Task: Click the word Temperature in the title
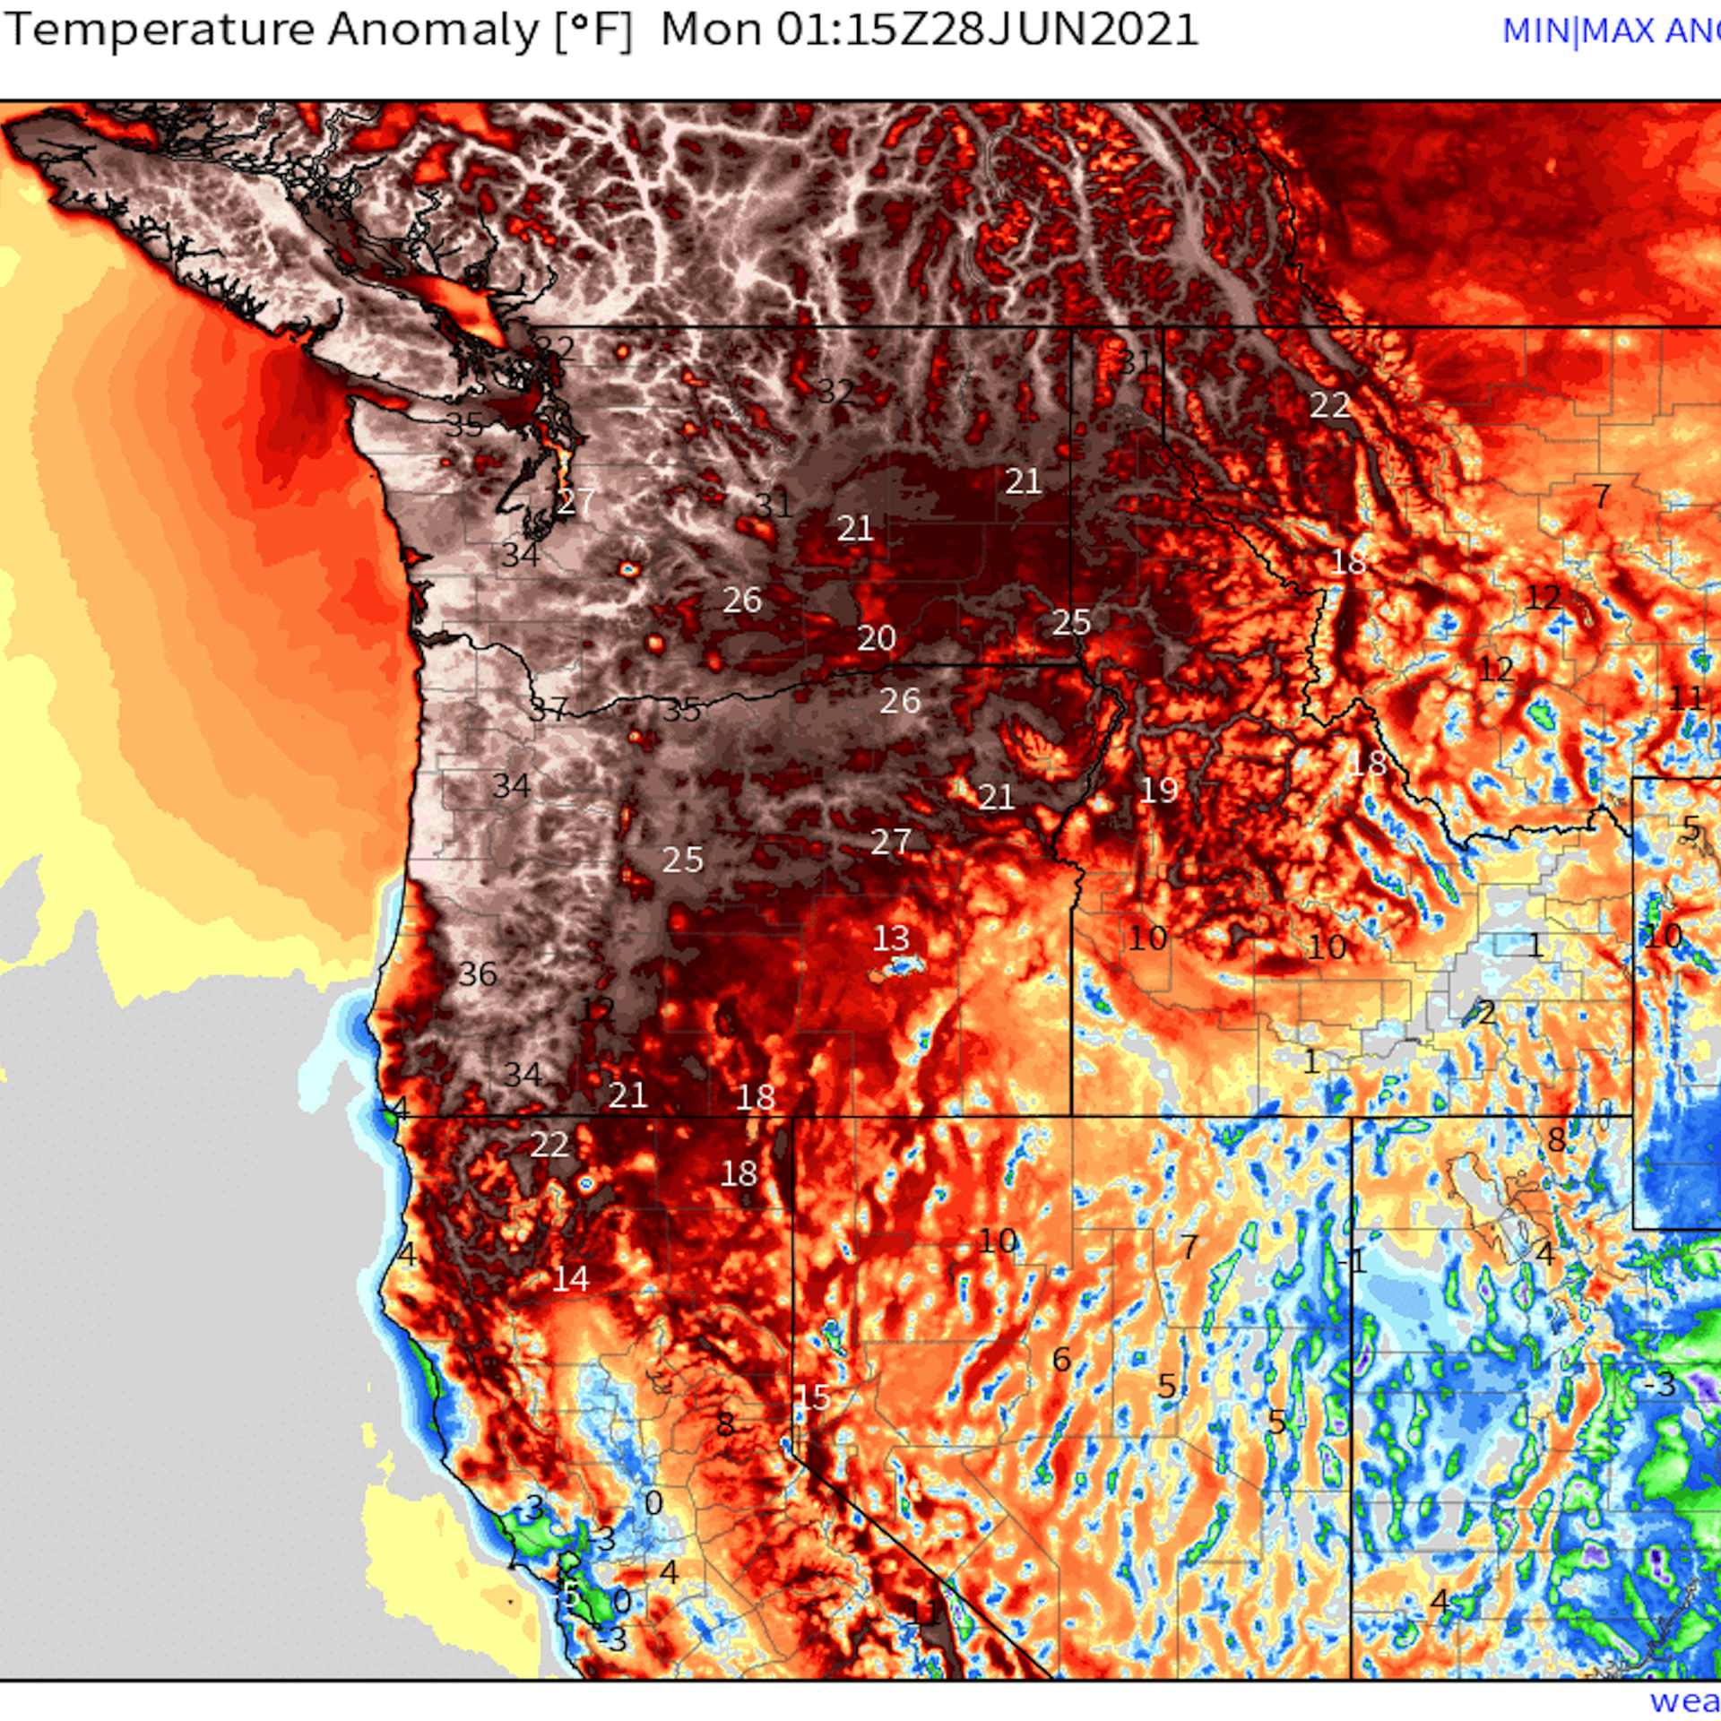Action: click(x=160, y=30)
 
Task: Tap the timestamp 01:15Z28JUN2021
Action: click(x=987, y=30)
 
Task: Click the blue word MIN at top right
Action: click(x=1535, y=32)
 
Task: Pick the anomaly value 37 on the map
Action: click(x=549, y=710)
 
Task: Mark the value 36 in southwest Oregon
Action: click(x=477, y=973)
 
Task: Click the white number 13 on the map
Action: click(x=890, y=938)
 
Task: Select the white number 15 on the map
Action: click(x=813, y=1397)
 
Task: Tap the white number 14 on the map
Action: click(x=570, y=1279)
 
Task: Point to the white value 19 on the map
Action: click(x=1158, y=790)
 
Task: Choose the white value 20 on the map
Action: click(x=876, y=638)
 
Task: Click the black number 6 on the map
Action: click(x=1061, y=1360)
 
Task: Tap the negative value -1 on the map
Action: click(x=1353, y=1262)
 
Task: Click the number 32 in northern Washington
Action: click(x=835, y=392)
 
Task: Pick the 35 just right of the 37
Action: click(x=682, y=710)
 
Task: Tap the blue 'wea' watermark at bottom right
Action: click(x=1684, y=1700)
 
